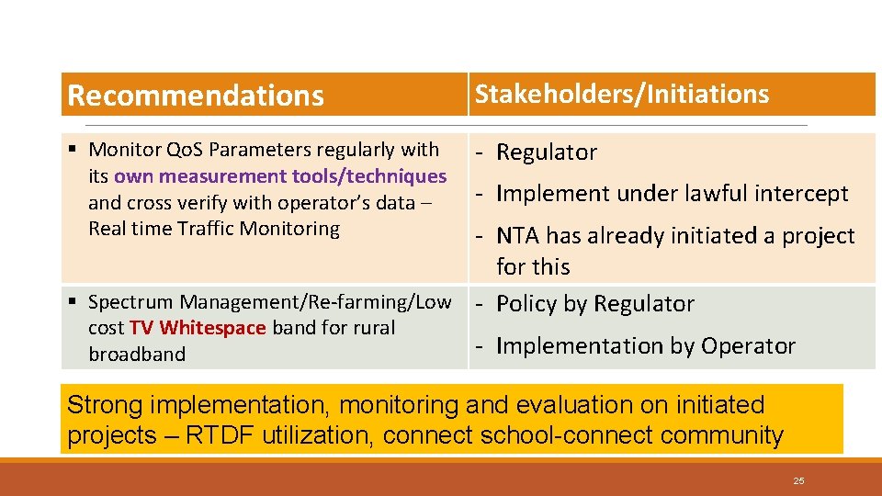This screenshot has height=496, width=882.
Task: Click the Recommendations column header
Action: [196, 96]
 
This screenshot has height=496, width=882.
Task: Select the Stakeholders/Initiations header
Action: [622, 94]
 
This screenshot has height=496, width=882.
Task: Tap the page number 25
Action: [798, 480]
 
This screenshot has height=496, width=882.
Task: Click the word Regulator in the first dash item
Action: [547, 152]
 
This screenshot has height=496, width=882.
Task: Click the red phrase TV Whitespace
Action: [198, 328]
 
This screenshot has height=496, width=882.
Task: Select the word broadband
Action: [137, 355]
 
